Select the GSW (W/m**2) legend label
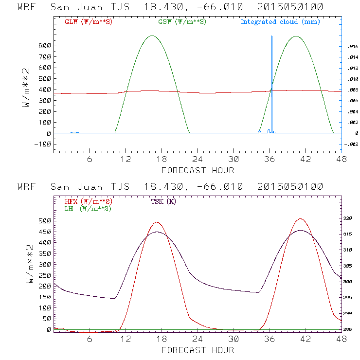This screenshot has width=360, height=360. pyautogui.click(x=181, y=22)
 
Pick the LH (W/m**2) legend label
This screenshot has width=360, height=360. pyautogui.click(x=88, y=208)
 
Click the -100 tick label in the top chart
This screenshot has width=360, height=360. pyautogui.click(x=43, y=144)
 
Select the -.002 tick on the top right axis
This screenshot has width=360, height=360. pyautogui.click(x=351, y=144)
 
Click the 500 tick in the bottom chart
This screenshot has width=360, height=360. pyautogui.click(x=45, y=221)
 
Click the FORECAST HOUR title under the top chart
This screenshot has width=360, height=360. pyautogui.click(x=198, y=170)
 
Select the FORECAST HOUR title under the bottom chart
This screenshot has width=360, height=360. pyautogui.click(x=198, y=350)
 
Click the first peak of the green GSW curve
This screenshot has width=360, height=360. pyautogui.click(x=152, y=36)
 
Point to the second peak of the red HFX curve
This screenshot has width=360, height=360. pyautogui.click(x=300, y=219)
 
